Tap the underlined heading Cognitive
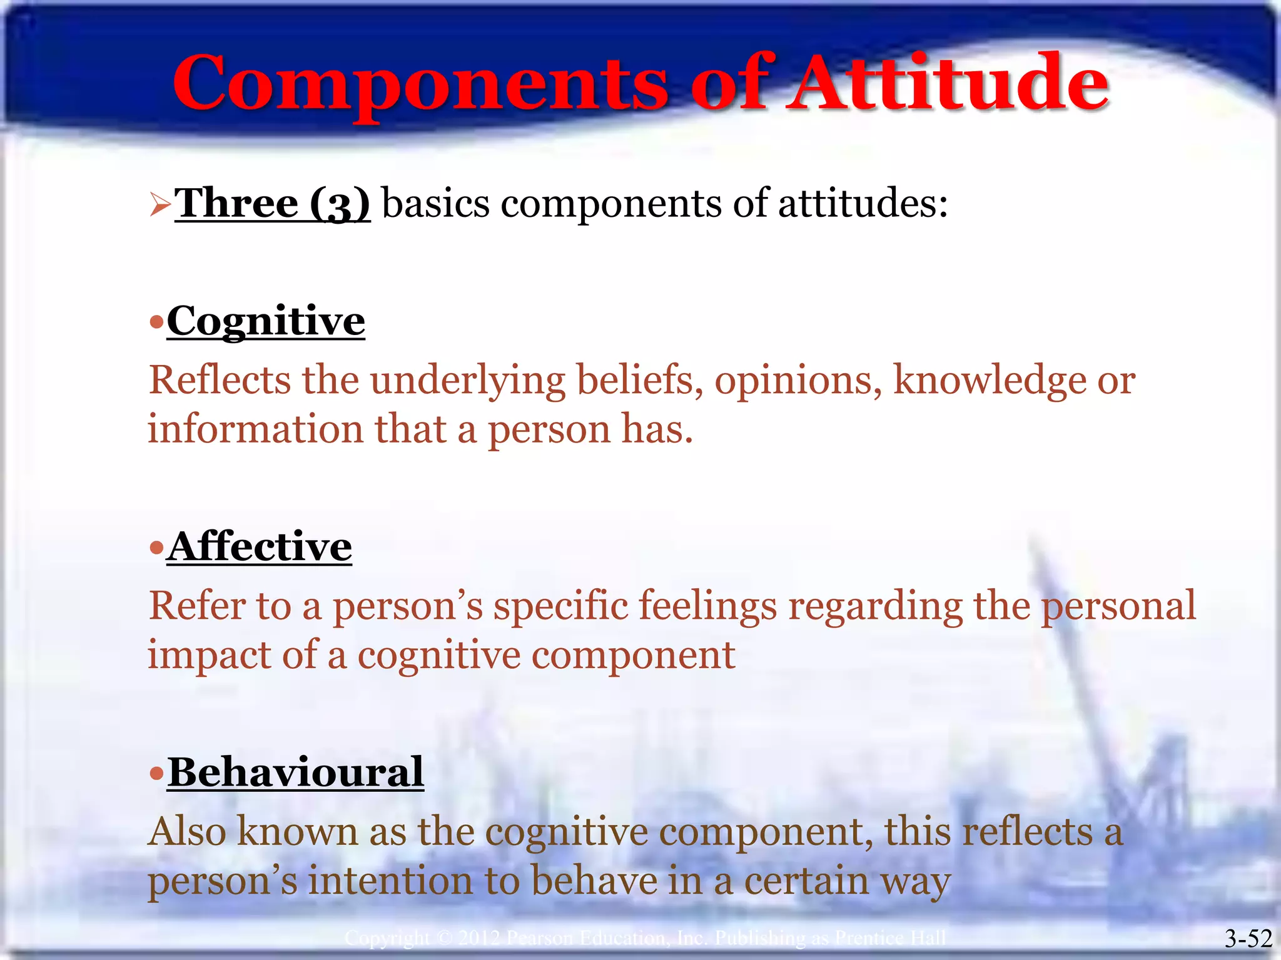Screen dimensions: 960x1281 pyautogui.click(x=266, y=321)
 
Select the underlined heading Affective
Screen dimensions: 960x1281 pyautogui.click(x=260, y=547)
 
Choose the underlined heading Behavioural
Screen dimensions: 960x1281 pyautogui.click(x=296, y=772)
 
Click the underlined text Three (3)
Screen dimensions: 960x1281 pyautogui.click(x=273, y=204)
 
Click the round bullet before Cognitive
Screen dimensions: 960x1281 pyautogui.click(x=156, y=323)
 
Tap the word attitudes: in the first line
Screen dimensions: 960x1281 pyautogui.click(x=863, y=204)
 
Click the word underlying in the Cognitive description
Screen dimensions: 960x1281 pyautogui.click(x=468, y=381)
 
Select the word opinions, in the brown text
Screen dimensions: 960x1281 pyautogui.click(x=798, y=381)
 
